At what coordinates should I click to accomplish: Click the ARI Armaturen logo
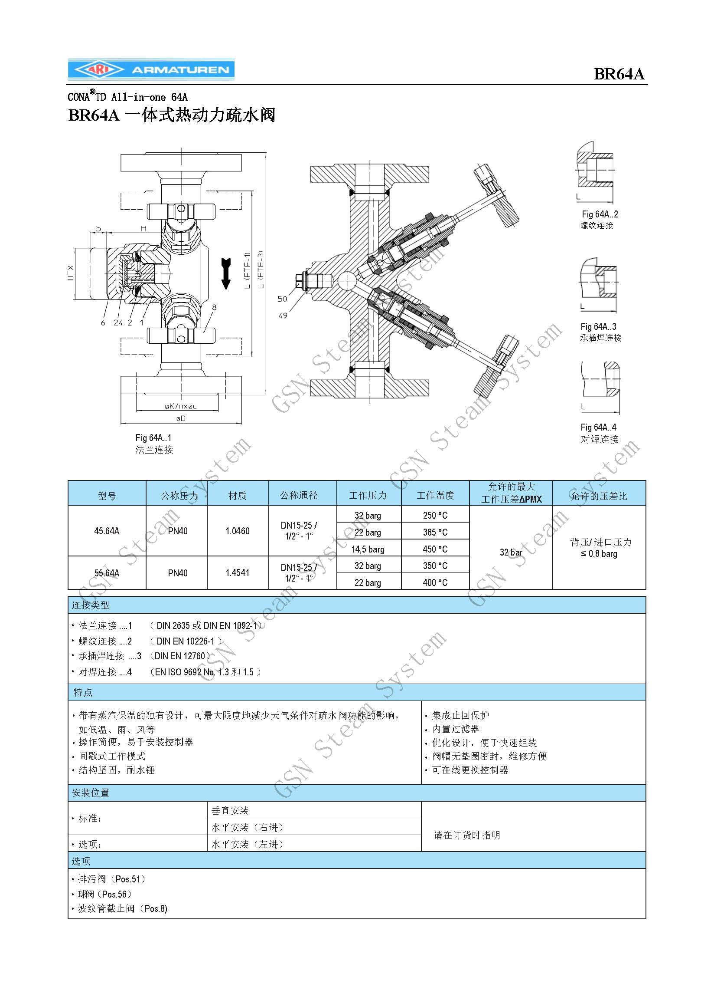click(x=151, y=69)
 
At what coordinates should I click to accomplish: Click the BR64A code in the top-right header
click(x=619, y=74)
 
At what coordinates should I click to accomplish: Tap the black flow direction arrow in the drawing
click(x=226, y=273)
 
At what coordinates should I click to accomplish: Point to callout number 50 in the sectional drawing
click(x=282, y=299)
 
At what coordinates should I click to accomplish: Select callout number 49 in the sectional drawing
click(x=283, y=316)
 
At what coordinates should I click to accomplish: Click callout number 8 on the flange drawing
click(x=214, y=307)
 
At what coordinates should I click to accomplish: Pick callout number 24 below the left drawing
click(x=118, y=322)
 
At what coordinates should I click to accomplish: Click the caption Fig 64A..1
click(x=153, y=438)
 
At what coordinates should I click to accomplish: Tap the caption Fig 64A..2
click(x=600, y=214)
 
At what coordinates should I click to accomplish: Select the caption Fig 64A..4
click(x=598, y=428)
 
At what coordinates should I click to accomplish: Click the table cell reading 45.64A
click(x=107, y=531)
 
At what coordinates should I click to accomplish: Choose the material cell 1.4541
click(x=238, y=573)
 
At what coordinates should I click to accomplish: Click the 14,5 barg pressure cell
click(x=368, y=549)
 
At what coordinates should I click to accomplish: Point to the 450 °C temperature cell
click(x=435, y=549)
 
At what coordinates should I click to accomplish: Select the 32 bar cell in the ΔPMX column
click(x=511, y=553)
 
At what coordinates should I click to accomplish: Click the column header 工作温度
click(x=435, y=496)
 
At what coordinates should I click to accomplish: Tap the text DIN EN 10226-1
click(x=186, y=641)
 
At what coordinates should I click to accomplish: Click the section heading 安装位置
click(x=91, y=793)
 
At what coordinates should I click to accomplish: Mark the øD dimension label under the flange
click(x=181, y=418)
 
